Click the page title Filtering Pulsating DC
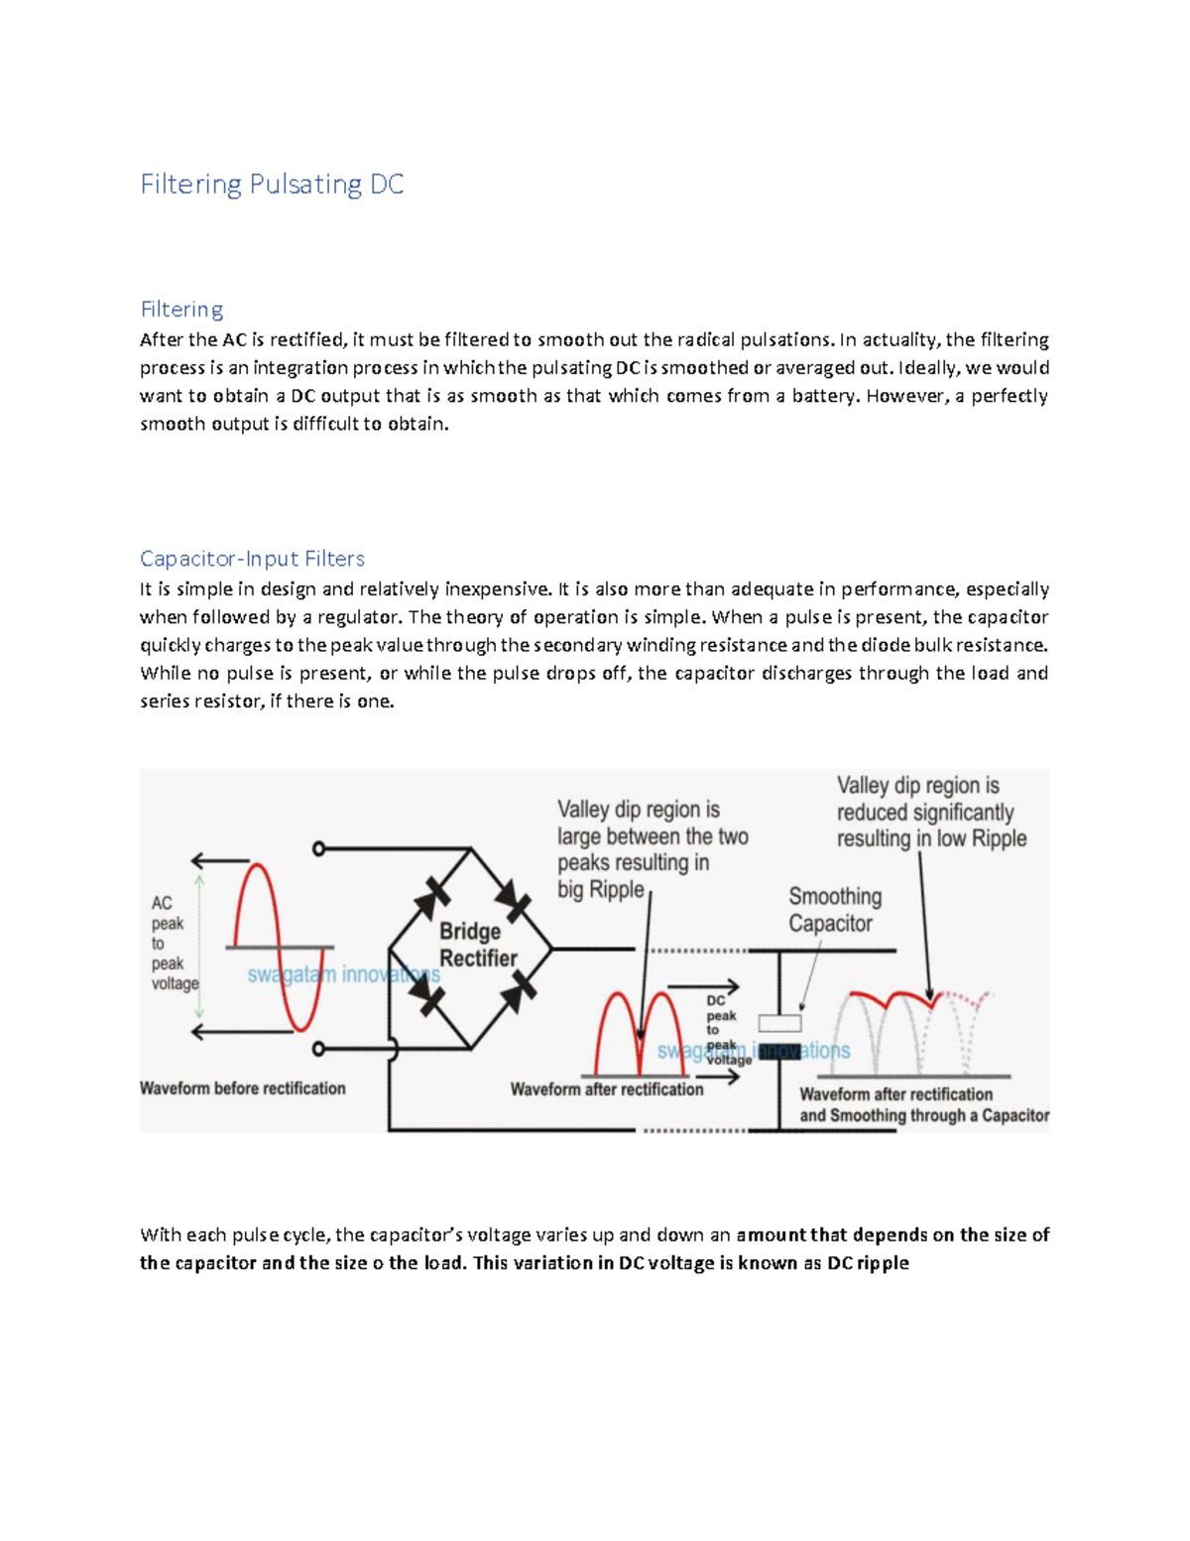(x=272, y=185)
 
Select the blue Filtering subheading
(x=181, y=310)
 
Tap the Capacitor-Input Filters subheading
(x=252, y=559)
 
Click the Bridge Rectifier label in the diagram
(x=478, y=945)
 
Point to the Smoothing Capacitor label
(x=834, y=910)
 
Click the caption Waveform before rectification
(x=243, y=1089)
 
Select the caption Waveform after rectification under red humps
(x=607, y=1090)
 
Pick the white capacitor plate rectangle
(x=779, y=1023)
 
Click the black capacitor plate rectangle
(x=779, y=1052)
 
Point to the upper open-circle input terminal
(x=318, y=848)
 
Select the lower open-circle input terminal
(x=318, y=1049)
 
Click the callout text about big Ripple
(x=652, y=849)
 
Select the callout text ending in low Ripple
(x=930, y=813)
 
